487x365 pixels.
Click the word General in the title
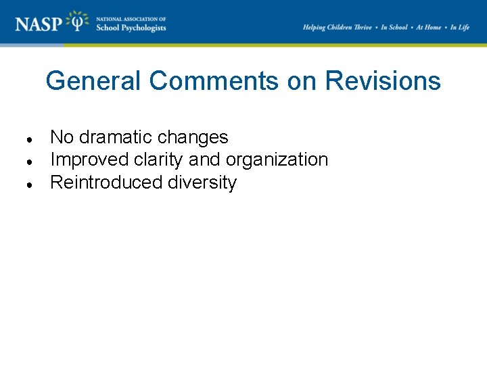94,81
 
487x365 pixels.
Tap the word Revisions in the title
383,81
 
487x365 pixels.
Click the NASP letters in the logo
39,24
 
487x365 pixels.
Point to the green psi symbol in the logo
80,22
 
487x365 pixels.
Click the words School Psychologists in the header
131,28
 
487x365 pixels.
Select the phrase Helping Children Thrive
337,27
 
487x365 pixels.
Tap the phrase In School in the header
394,27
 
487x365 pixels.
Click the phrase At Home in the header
428,27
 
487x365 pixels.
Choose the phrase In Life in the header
459,27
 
